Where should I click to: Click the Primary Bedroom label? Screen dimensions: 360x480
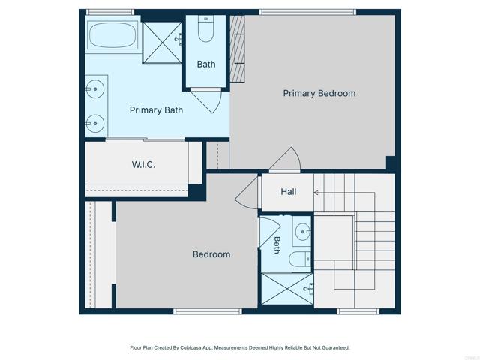(x=319, y=94)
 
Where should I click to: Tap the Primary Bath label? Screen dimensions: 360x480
(x=156, y=110)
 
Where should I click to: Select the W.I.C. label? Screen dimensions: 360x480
(x=143, y=165)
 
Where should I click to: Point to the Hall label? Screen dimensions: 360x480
(x=289, y=192)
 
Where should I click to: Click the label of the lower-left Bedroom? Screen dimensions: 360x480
(x=211, y=254)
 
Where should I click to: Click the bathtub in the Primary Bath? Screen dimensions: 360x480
(x=112, y=35)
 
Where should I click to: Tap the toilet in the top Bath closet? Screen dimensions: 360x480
(x=206, y=30)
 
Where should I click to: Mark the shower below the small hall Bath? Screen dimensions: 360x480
(x=286, y=289)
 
